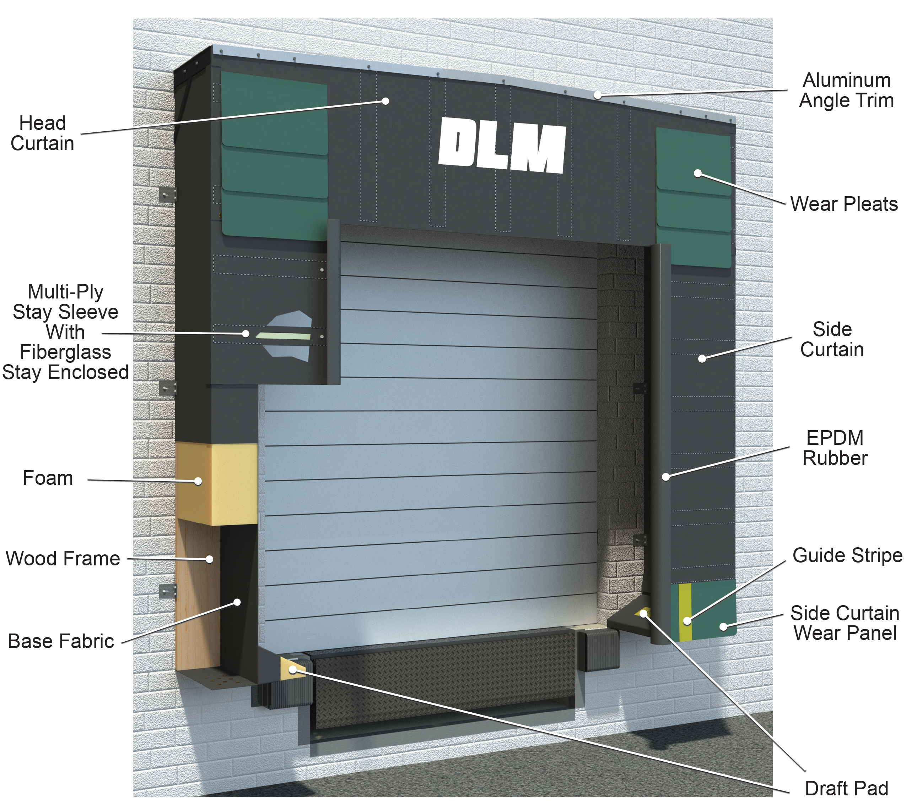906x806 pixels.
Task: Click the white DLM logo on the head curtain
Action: pos(502,144)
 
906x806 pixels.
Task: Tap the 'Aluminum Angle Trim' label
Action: pos(847,91)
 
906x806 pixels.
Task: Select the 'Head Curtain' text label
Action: pos(43,133)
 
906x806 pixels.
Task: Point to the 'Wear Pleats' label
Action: pos(844,204)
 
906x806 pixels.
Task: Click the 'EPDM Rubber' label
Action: pos(835,448)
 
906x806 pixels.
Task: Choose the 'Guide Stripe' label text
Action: pos(847,556)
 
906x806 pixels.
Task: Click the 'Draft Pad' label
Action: pos(846,789)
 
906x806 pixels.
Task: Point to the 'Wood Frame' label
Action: pos(63,558)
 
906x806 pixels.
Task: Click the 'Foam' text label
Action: pos(48,478)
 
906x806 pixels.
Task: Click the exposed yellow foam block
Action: pos(217,484)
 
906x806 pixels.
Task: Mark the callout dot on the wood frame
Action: pos(210,559)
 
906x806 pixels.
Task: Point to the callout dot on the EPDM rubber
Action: pos(666,477)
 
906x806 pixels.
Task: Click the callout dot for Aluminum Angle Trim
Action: pos(598,95)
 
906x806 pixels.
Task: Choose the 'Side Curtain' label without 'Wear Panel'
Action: pos(832,340)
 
